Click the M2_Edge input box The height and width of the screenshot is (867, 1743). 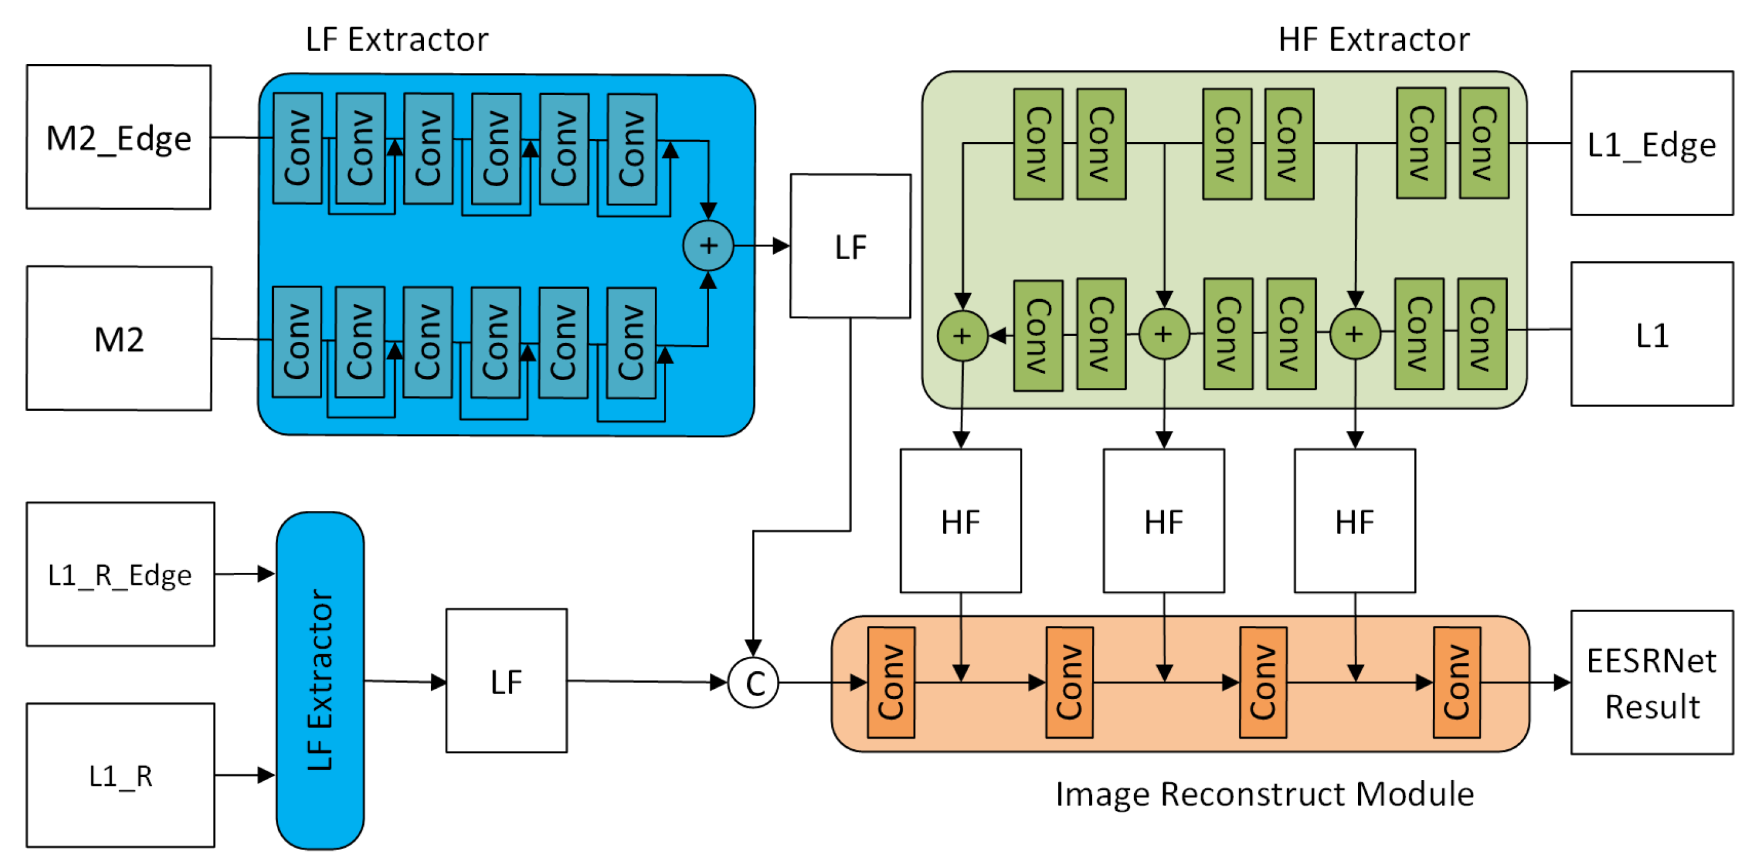point(118,137)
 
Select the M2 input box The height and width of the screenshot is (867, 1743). point(118,338)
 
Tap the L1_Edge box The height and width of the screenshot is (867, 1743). point(1651,143)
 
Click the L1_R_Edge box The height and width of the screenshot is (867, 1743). point(120,574)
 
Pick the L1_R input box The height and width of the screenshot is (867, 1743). point(120,775)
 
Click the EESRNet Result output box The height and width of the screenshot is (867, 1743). point(1651,682)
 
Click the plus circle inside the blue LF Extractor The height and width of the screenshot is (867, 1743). point(708,245)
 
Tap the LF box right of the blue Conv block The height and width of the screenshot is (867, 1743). point(850,246)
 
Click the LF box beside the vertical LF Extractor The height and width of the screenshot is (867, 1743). point(506,681)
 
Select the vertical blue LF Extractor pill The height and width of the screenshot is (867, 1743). point(320,680)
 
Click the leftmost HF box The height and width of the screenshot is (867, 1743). point(960,521)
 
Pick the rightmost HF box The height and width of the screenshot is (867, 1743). point(1355,521)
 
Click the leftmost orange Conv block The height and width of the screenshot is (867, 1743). point(891,682)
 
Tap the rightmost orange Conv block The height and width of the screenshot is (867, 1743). point(1456,682)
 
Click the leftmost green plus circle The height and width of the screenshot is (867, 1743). point(962,335)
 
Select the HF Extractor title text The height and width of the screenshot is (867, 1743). point(1374,39)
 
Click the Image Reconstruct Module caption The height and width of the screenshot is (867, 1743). point(1264,794)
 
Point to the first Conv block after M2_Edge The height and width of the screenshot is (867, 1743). point(297,148)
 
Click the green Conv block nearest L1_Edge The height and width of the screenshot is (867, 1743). point(1483,143)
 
